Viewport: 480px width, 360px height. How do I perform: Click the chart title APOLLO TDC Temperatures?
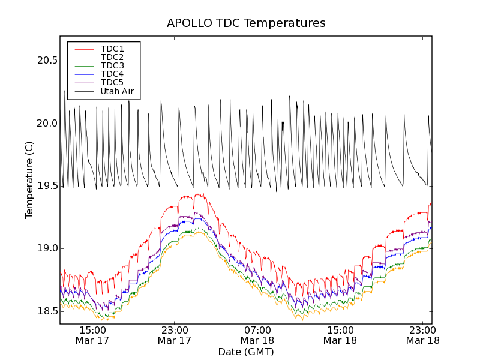point(246,23)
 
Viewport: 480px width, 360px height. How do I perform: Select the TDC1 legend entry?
point(112,49)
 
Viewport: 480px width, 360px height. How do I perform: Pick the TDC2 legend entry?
point(112,57)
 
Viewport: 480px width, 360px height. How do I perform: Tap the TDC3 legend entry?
point(112,65)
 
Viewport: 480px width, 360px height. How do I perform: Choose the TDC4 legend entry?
point(112,74)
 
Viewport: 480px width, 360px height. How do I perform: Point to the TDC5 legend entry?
point(112,82)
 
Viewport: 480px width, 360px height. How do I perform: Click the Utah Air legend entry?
point(117,92)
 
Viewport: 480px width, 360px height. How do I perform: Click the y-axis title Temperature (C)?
point(29,180)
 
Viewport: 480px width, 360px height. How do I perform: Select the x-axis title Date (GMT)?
point(246,352)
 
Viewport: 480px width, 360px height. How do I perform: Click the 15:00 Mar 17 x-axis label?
point(92,335)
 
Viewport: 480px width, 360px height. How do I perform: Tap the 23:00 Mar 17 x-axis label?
point(175,335)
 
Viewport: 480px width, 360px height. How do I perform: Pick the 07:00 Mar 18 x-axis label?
point(257,335)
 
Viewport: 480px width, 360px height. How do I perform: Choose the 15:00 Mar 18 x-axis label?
point(340,335)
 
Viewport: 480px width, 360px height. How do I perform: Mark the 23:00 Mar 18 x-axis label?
point(422,335)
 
